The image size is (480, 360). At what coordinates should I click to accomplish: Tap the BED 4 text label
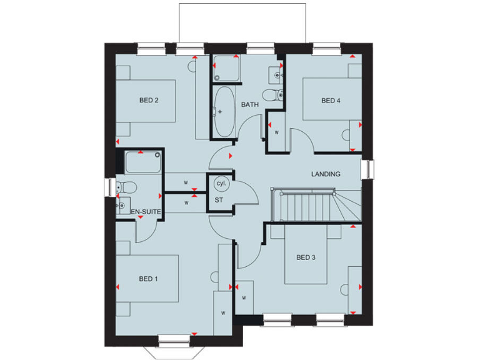pyautogui.click(x=331, y=101)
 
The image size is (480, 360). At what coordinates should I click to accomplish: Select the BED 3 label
pyautogui.click(x=305, y=257)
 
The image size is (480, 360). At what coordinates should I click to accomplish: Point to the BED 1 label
pyautogui.click(x=147, y=279)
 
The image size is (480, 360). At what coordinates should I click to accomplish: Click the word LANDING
pyautogui.click(x=326, y=174)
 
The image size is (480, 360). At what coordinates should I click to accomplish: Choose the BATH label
pyautogui.click(x=250, y=104)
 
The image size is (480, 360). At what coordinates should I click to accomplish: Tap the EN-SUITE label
pyautogui.click(x=146, y=212)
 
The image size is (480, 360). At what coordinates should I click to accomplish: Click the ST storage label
pyautogui.click(x=219, y=200)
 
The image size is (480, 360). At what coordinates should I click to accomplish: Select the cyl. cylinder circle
pyautogui.click(x=221, y=184)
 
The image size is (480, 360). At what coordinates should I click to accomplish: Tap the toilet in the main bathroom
pyautogui.click(x=272, y=95)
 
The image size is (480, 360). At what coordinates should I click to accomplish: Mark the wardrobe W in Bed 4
pyautogui.click(x=276, y=132)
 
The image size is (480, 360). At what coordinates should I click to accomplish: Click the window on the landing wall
pyautogui.click(x=367, y=169)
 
